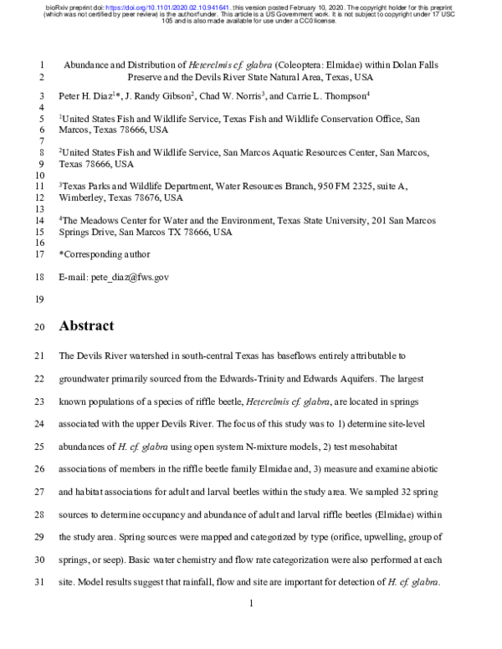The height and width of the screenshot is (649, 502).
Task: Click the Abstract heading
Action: pyautogui.click(x=86, y=326)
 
